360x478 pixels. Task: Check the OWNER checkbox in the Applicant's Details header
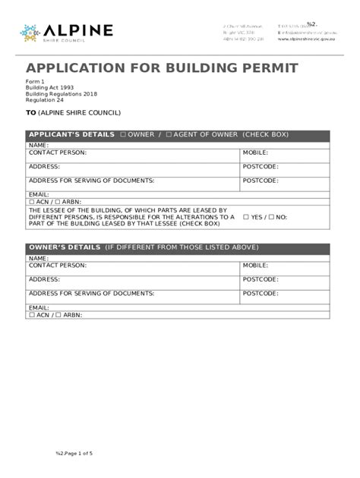coord(123,135)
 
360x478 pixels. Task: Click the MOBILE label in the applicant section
coord(255,153)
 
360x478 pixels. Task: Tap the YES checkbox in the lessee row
coord(245,217)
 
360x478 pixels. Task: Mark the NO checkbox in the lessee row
coord(271,217)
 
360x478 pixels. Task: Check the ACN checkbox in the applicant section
coord(32,202)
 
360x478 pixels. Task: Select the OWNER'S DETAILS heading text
coord(64,247)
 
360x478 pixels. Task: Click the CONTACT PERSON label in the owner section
coord(58,266)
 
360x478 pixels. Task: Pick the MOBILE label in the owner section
coord(255,266)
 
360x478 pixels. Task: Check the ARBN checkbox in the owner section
coord(58,315)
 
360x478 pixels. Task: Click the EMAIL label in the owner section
coord(39,307)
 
